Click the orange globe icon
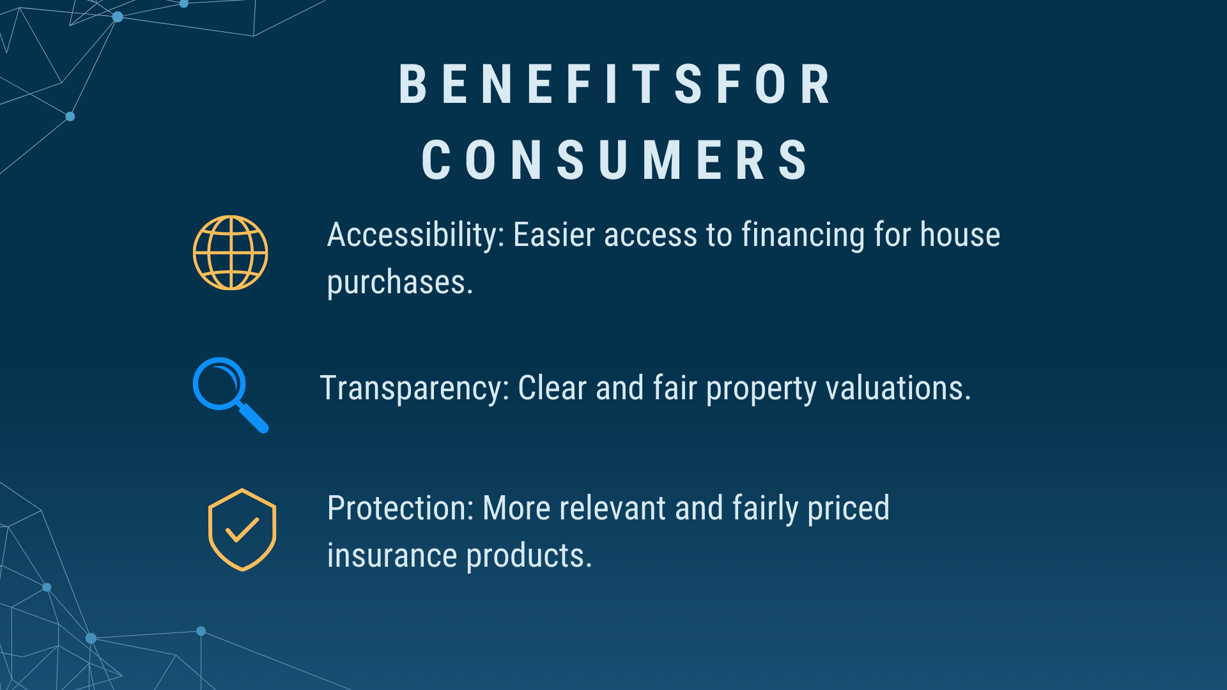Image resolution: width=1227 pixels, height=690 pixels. pos(231,253)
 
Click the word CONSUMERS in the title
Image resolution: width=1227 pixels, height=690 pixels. pos(615,160)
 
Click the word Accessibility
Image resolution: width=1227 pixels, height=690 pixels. pos(416,235)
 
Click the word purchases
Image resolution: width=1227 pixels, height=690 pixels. pos(400,282)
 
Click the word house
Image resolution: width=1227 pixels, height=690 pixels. pos(960,234)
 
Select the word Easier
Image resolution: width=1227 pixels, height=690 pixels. pos(554,234)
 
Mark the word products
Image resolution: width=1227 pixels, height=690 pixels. pos(530,556)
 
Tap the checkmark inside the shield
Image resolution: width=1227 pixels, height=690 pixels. pos(242,530)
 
